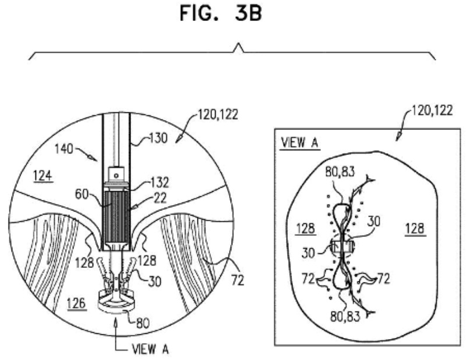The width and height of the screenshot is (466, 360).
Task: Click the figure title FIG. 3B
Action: click(221, 13)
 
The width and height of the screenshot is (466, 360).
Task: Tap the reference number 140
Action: click(63, 149)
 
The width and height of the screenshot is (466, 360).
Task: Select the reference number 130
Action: click(158, 138)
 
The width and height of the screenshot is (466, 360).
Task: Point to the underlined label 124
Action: click(43, 176)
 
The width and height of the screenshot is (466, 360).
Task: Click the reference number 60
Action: click(82, 195)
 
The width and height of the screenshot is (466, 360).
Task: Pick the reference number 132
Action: click(160, 182)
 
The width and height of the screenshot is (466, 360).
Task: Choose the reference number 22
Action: click(160, 198)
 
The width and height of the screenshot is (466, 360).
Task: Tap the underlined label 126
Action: click(77, 304)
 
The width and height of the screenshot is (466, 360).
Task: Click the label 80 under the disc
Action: click(143, 323)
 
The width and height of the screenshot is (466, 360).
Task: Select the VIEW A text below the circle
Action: click(150, 349)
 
